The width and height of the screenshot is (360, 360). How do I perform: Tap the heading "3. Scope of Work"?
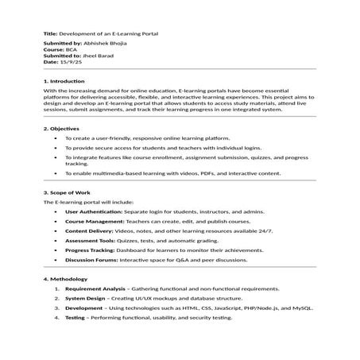tap(67, 193)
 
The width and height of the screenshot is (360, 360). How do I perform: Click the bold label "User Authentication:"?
tap(93, 212)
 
